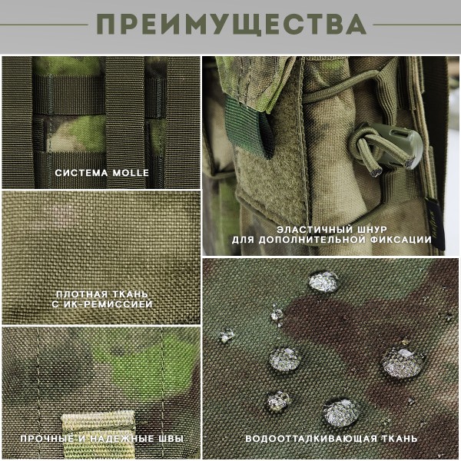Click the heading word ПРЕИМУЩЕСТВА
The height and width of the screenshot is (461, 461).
pyautogui.click(x=230, y=25)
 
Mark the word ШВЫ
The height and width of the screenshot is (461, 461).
pyautogui.click(x=171, y=439)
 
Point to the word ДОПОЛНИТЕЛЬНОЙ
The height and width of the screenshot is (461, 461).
pyautogui.click(x=315, y=240)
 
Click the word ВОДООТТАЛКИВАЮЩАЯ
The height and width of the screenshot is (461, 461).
pyautogui.click(x=311, y=439)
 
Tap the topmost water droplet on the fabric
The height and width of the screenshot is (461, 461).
pyautogui.click(x=323, y=281)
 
